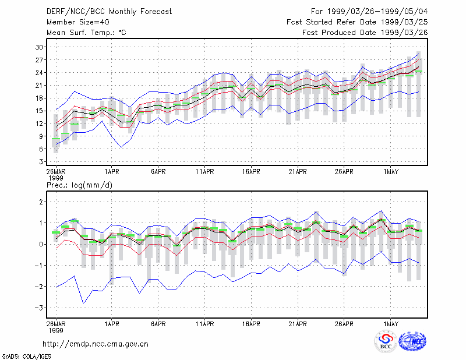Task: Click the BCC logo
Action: [386, 341]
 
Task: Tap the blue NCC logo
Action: [412, 341]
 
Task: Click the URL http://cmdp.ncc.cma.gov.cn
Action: [96, 344]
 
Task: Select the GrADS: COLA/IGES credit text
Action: [26, 357]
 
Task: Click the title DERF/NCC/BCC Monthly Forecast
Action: [109, 12]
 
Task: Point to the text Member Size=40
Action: [78, 22]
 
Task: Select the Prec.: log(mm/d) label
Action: [79, 185]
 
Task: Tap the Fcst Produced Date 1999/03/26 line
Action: [365, 33]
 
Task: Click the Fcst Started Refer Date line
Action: [357, 22]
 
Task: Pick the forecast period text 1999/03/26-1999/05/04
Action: [377, 12]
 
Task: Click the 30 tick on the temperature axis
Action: [39, 47]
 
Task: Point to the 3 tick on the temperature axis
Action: [41, 162]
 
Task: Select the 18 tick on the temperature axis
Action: [39, 98]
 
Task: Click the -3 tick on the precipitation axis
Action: [38, 308]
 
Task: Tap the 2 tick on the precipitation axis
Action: [41, 202]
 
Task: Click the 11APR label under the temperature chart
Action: [205, 172]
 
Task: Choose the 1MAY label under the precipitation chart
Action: [390, 324]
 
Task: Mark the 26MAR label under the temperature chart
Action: [56, 172]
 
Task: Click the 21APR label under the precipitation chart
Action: [298, 324]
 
